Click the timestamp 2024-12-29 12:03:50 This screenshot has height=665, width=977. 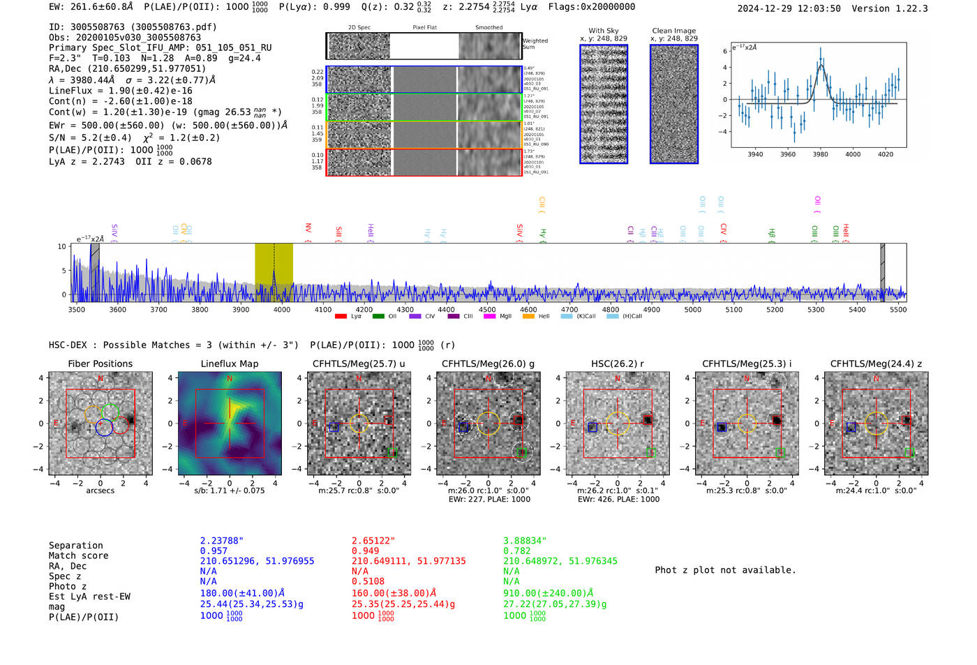pyautogui.click(x=789, y=8)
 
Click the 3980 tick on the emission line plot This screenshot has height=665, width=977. pyautogui.click(x=820, y=154)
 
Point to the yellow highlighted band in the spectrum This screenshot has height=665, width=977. pyautogui.click(x=273, y=272)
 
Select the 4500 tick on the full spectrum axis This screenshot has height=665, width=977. pyautogui.click(x=487, y=309)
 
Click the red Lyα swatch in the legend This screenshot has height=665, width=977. pyautogui.click(x=341, y=317)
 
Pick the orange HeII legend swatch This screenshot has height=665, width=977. pyautogui.click(x=528, y=317)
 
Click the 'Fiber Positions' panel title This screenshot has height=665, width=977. pyautogui.click(x=100, y=364)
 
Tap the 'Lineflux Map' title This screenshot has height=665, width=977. pyautogui.click(x=229, y=364)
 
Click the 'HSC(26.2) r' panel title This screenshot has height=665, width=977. pyautogui.click(x=617, y=364)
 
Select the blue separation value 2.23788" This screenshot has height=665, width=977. pyautogui.click(x=221, y=541)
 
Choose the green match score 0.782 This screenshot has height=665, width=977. pyautogui.click(x=516, y=551)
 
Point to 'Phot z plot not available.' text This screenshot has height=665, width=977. pyautogui.click(x=725, y=570)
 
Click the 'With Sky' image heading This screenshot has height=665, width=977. pyautogui.click(x=604, y=31)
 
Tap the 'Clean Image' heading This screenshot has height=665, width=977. pyautogui.click(x=673, y=31)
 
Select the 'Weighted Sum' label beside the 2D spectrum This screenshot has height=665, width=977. pyautogui.click(x=535, y=44)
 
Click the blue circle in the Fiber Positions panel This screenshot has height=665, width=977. pyautogui.click(x=104, y=428)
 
